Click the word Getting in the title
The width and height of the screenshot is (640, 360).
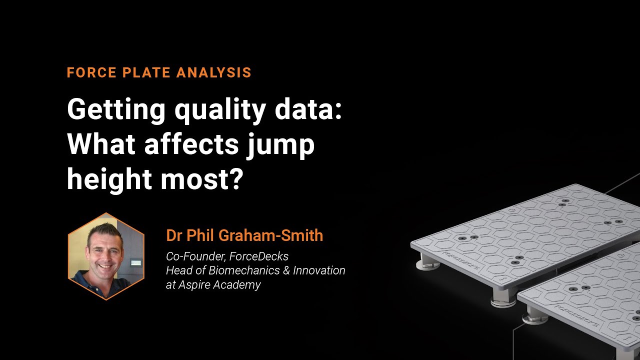click(x=116, y=110)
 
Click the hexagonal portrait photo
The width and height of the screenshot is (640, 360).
click(x=106, y=256)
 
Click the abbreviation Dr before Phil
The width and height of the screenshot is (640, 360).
click(x=174, y=235)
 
